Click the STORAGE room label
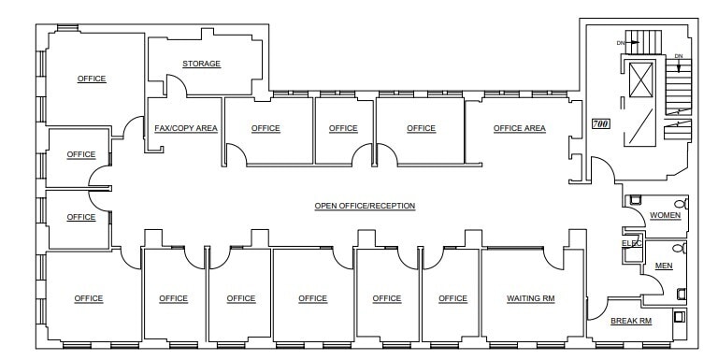pyautogui.click(x=201, y=64)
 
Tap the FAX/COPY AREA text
pyautogui.click(x=186, y=128)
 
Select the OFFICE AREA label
pyautogui.click(x=520, y=128)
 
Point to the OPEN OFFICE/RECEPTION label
pyautogui.click(x=365, y=206)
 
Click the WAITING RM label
pyautogui.click(x=531, y=298)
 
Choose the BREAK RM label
pyautogui.click(x=631, y=321)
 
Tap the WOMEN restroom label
pyautogui.click(x=665, y=215)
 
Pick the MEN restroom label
pyautogui.click(x=664, y=266)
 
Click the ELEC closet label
pyautogui.click(x=632, y=243)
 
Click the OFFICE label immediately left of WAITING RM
pyautogui.click(x=452, y=298)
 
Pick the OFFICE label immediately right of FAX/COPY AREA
pyautogui.click(x=266, y=128)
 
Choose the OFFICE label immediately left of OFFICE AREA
pyautogui.click(x=421, y=128)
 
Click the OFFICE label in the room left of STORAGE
pyautogui.click(x=92, y=79)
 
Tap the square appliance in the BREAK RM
pyautogui.click(x=679, y=316)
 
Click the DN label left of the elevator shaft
pyautogui.click(x=620, y=43)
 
